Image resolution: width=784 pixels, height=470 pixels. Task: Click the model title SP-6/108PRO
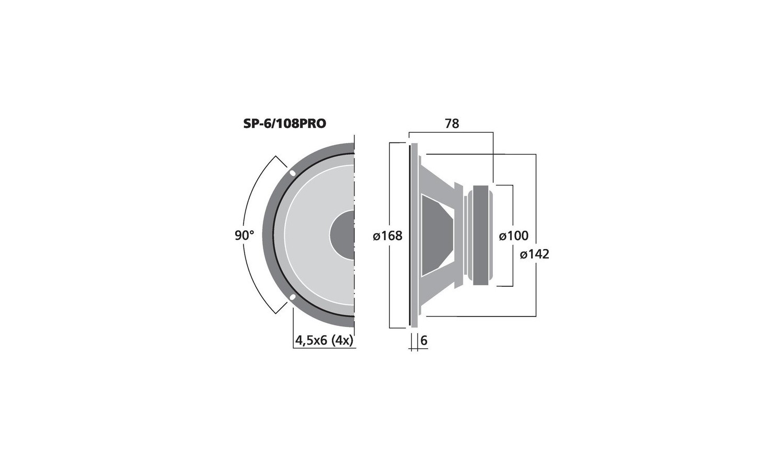point(284,123)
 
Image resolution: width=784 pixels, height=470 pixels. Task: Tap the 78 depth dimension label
point(452,123)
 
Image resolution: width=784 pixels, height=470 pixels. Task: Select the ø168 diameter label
point(387,236)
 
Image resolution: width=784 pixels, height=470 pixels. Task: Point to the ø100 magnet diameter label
point(513,236)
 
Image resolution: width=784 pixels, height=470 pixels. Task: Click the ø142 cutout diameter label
point(535,254)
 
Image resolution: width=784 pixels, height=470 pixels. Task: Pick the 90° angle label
point(244,236)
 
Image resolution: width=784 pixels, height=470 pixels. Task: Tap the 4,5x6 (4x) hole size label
point(324,340)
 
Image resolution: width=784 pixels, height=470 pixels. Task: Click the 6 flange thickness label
point(424,340)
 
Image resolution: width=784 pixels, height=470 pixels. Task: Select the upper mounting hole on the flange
point(293,173)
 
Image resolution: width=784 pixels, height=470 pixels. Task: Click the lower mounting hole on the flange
point(292,298)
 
